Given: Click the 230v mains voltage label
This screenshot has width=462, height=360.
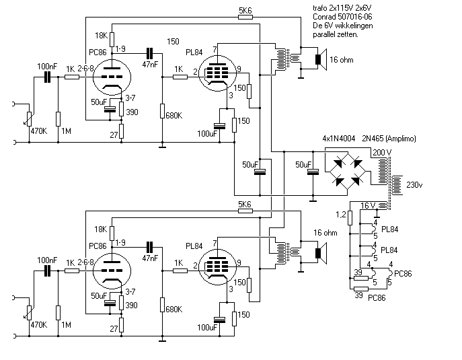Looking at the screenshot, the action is pyautogui.click(x=414, y=185).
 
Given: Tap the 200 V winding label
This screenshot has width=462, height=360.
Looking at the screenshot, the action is pyautogui.click(x=382, y=153).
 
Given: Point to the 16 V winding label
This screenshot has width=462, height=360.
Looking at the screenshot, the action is pyautogui.click(x=368, y=205).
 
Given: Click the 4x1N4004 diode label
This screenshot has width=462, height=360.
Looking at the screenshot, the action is pyautogui.click(x=339, y=138).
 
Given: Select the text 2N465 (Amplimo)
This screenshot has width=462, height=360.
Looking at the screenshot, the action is pyautogui.click(x=389, y=139).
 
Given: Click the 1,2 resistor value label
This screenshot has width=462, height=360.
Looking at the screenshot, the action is pyautogui.click(x=340, y=215).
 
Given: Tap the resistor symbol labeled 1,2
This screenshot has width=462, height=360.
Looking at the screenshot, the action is pyautogui.click(x=350, y=217).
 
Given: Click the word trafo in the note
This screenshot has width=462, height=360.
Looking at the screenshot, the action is pyautogui.click(x=319, y=7).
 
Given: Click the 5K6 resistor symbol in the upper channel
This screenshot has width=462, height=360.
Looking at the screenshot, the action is pyautogui.click(x=245, y=17).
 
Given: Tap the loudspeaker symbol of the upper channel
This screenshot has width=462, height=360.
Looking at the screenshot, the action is pyautogui.click(x=321, y=60).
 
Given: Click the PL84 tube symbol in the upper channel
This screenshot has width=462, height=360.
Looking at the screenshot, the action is pyautogui.click(x=217, y=73).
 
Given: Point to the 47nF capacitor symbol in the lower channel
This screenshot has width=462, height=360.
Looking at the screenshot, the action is pyautogui.click(x=150, y=247).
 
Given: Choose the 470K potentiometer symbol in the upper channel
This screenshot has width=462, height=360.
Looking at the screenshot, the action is pyautogui.click(x=29, y=119).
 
